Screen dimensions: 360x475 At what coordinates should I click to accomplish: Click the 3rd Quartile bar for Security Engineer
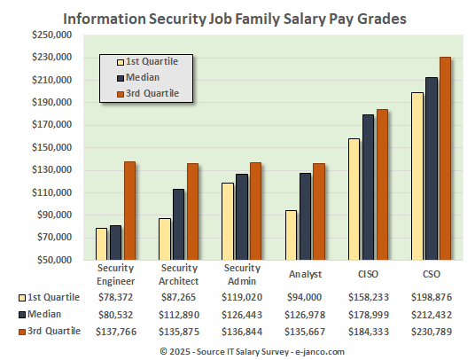[x=129, y=210]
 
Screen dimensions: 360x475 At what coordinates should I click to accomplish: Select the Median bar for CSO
[x=432, y=168]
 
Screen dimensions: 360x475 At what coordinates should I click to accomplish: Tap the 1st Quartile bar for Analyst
[x=290, y=235]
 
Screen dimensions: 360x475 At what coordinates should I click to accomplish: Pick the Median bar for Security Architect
[x=178, y=224]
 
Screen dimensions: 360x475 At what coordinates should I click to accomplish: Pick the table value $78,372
[x=115, y=297]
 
